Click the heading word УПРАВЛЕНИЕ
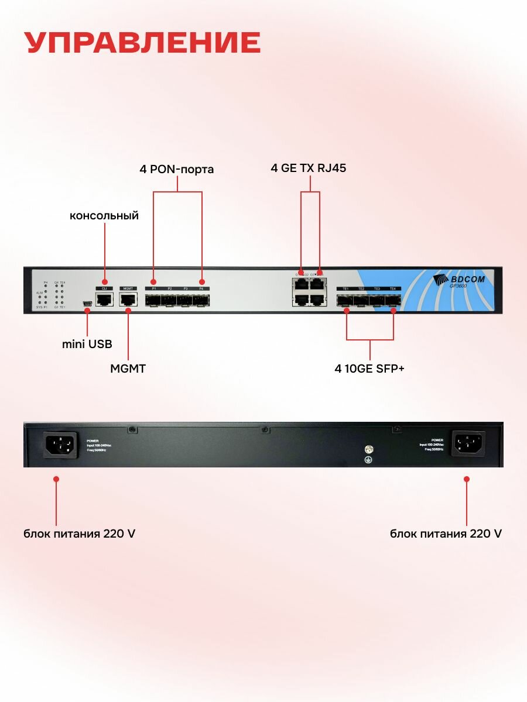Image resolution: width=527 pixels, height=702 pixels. [143, 43]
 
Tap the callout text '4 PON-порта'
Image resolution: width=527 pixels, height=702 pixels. [177, 170]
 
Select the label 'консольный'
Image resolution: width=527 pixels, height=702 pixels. [104, 216]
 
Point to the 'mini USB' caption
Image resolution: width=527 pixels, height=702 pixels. [87, 344]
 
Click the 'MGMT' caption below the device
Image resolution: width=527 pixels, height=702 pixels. [128, 369]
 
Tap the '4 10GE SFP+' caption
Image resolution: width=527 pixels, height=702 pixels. [369, 369]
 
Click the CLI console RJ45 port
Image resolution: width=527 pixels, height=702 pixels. [104, 300]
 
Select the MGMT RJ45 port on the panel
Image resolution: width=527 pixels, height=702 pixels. [128, 300]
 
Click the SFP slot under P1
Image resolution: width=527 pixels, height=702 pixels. [153, 301]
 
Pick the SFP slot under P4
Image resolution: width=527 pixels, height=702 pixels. [201, 301]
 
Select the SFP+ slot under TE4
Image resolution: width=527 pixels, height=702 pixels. [393, 301]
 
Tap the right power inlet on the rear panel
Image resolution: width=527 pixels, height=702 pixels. [468, 444]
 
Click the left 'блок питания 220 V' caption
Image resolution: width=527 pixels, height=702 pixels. [80, 534]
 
